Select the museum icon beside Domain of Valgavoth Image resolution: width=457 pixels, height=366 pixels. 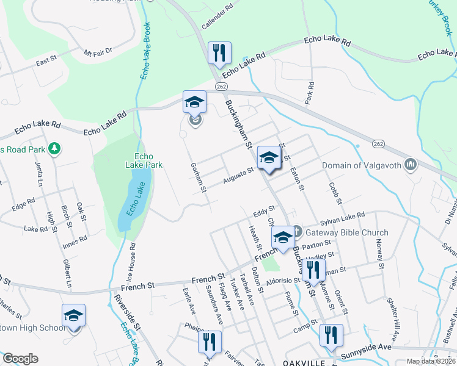pos(411,165)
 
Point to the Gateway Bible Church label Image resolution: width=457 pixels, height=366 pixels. pos(347,232)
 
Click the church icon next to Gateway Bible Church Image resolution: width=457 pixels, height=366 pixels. pos(297,232)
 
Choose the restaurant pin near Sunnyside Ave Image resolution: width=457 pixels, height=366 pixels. pos(331,335)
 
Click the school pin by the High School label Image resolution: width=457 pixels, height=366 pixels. pos(73,315)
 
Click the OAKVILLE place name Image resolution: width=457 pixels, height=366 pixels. pos(305,362)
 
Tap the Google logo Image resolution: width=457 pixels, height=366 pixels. pos(20,359)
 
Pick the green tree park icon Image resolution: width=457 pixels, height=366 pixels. pos(54,148)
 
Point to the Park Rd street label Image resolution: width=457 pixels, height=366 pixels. pos(310,91)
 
